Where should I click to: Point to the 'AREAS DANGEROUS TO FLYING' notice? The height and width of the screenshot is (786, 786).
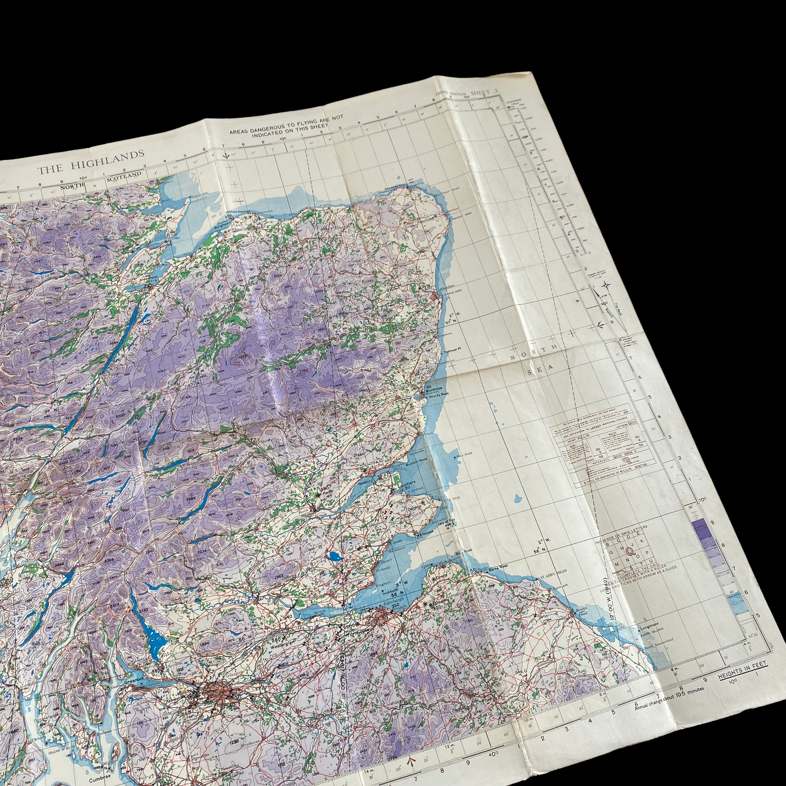coord(286,126)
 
